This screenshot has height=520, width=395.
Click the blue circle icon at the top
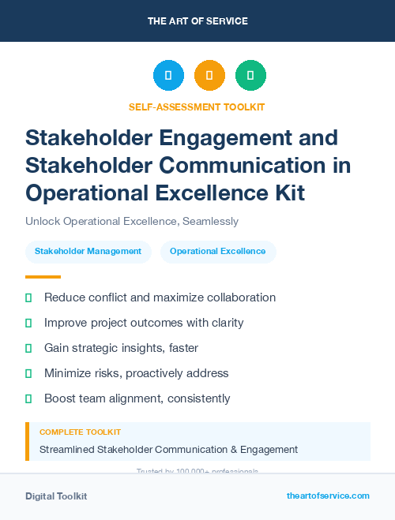168,75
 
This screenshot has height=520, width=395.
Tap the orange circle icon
209,75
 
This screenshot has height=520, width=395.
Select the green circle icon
250,75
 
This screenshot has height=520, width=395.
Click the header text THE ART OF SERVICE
197,21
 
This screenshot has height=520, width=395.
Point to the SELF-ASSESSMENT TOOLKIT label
197,107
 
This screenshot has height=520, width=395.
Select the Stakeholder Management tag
88,252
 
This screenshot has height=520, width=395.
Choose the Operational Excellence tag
218,252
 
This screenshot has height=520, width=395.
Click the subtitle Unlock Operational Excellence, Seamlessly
132,221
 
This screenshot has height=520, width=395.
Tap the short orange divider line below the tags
43,277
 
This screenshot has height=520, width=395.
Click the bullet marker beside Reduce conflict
28,297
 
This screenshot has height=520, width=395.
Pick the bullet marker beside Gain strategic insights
28,348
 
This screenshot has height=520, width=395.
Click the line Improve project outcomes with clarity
144,323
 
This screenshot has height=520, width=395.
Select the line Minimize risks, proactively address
136,373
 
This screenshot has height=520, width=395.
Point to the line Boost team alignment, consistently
137,398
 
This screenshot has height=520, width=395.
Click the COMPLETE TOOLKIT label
81,432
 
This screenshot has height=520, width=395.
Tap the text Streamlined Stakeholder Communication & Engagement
168,449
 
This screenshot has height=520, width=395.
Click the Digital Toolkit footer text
56,496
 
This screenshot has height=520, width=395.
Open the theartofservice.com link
328,496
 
